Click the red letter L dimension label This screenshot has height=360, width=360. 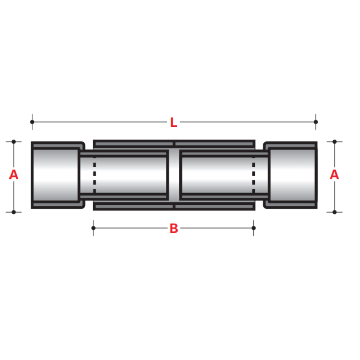click(173, 122)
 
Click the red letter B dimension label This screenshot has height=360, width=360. click(174, 229)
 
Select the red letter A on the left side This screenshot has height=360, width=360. click(14, 175)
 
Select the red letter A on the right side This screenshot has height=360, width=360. click(334, 175)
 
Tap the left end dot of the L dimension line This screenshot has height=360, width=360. click(32, 122)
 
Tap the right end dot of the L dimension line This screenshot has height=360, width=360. click(316, 122)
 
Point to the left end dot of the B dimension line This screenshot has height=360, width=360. click(93, 228)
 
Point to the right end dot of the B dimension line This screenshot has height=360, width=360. click(254, 228)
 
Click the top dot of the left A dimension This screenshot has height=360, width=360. click(14, 142)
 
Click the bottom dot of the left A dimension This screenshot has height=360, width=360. click(14, 212)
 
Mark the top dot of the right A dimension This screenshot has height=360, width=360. click(334, 142)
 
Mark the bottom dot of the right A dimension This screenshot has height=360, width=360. click(334, 212)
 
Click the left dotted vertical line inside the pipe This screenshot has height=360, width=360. click(95, 175)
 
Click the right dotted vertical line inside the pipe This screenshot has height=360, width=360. click(254, 175)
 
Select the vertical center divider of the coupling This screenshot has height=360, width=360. click(174, 175)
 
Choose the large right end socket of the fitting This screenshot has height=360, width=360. click(292, 175)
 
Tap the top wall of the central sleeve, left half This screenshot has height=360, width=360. click(133, 144)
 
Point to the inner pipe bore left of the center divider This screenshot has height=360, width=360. click(130, 175)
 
